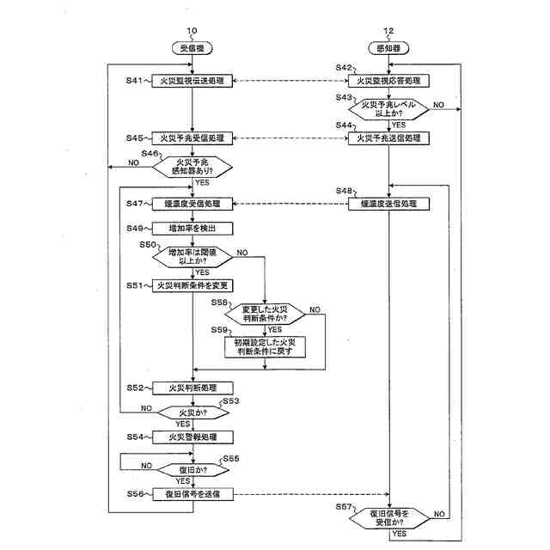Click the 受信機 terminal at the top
click(x=192, y=48)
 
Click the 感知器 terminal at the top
click(x=388, y=48)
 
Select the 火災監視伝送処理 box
click(x=192, y=82)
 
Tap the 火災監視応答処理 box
click(x=388, y=82)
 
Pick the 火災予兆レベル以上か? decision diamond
click(x=388, y=109)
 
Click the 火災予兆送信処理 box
click(x=388, y=137)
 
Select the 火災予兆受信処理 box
click(x=192, y=137)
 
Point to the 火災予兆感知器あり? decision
click(x=192, y=165)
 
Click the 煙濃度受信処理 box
click(x=192, y=204)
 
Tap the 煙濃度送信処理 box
click(x=388, y=204)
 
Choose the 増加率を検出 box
click(x=192, y=229)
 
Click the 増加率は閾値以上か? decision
click(x=192, y=257)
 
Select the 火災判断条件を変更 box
click(x=192, y=285)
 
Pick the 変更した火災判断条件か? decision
click(x=265, y=313)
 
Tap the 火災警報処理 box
click(x=192, y=437)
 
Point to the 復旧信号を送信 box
click(x=192, y=494)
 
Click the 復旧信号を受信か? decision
click(x=388, y=516)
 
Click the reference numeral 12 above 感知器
click(x=388, y=31)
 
